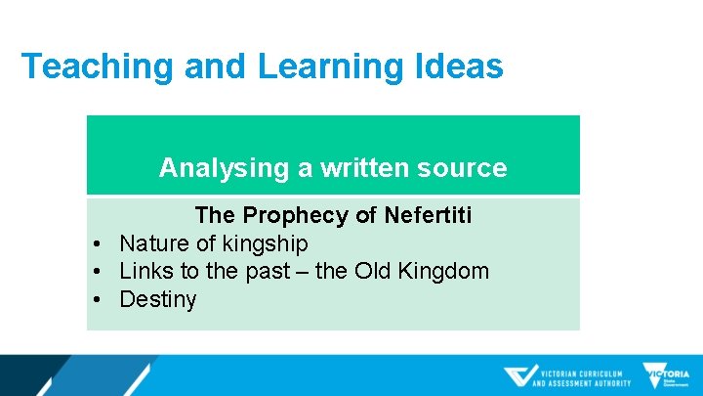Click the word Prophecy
(x=299, y=215)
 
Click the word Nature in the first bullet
(x=154, y=243)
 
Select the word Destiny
(x=157, y=299)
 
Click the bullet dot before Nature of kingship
(x=100, y=243)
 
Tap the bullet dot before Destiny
(x=100, y=299)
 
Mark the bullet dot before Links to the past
(x=100, y=271)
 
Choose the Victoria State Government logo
(x=666, y=376)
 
